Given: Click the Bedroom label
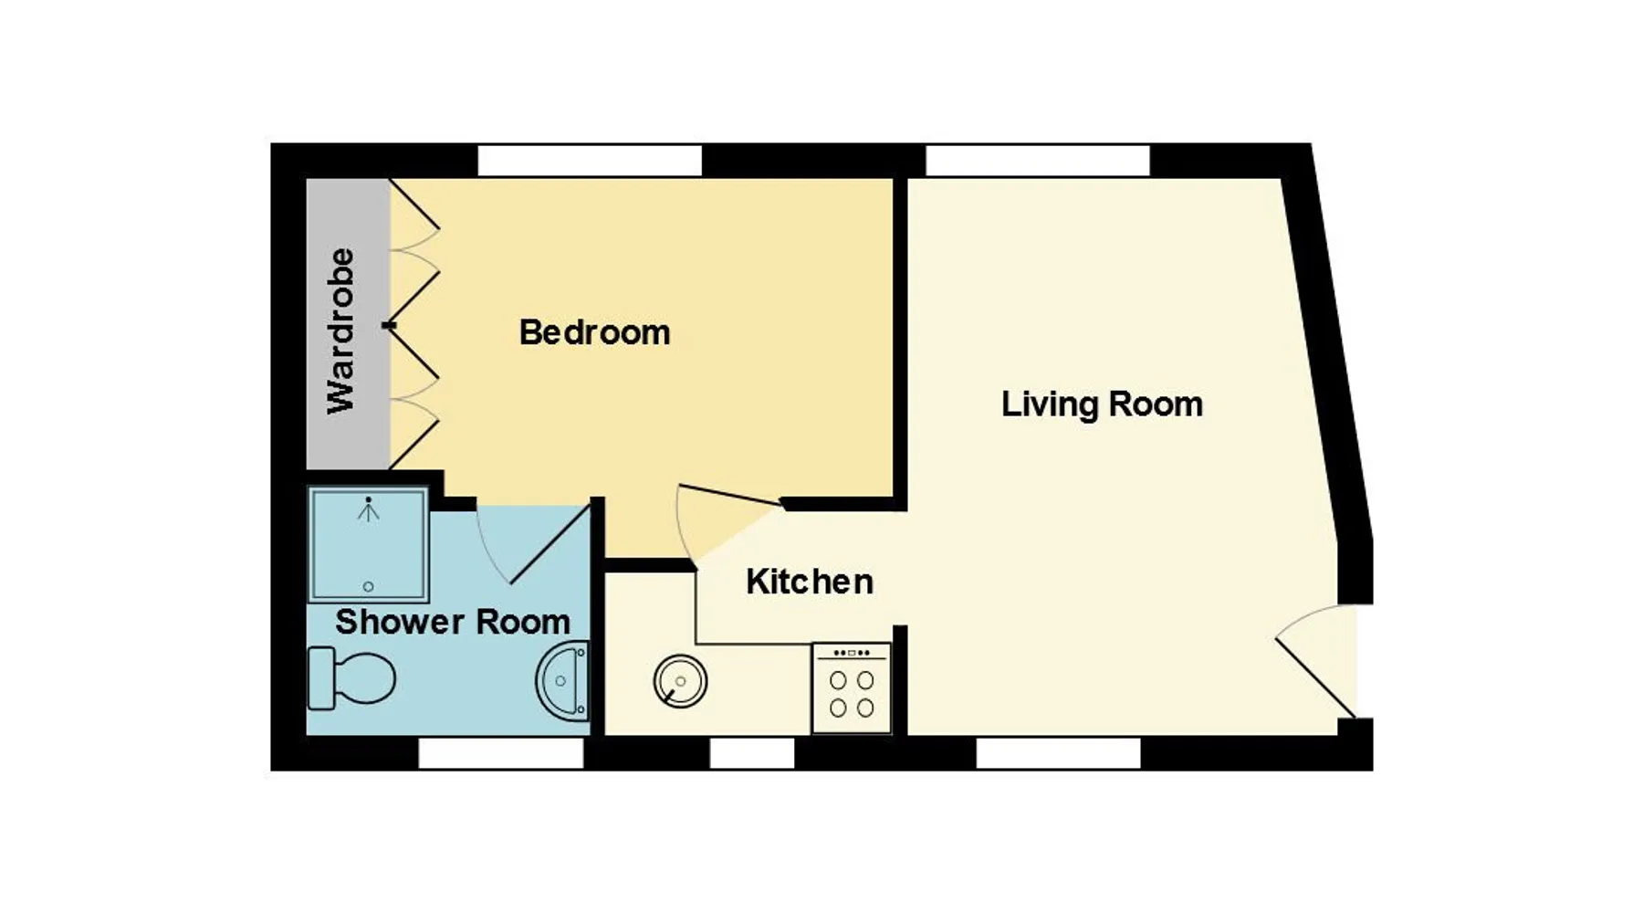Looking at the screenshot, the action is (594, 332).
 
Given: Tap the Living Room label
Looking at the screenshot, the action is (1102, 404).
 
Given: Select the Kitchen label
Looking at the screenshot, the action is (810, 582).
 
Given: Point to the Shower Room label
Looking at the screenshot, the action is (453, 622).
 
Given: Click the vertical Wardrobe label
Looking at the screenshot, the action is (341, 331).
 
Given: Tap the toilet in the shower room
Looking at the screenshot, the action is (351, 677).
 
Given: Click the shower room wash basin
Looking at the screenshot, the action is (563, 681).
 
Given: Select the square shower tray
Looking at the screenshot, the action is (368, 545).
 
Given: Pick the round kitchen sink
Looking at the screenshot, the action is (680, 681).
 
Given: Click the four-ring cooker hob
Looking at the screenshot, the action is (852, 688).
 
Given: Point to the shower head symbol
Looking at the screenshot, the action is (368, 509).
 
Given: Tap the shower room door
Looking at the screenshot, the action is (549, 545).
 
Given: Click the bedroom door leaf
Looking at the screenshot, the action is (730, 494).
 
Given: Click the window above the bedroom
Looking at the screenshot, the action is (590, 161).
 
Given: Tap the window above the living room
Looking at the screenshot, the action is (1038, 161).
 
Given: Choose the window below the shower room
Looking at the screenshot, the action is (501, 753).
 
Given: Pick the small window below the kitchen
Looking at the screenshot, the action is (752, 753).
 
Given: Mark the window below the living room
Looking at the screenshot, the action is (1059, 753).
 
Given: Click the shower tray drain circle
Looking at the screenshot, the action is (369, 586).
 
